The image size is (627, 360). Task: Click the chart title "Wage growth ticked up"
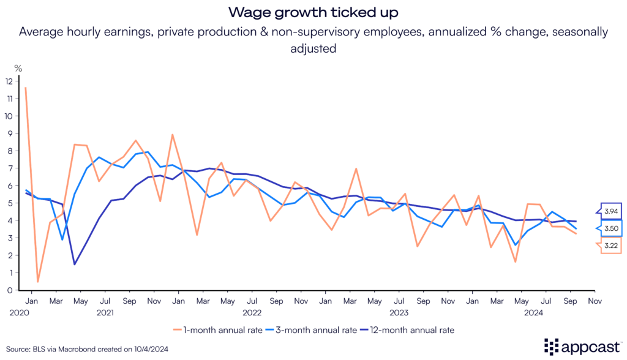313,12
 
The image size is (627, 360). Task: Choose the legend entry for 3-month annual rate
310,329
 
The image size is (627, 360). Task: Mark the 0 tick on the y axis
10,290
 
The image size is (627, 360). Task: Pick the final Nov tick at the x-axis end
593,301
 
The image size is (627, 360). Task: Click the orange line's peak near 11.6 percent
26,88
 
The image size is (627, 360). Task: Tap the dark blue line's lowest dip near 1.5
74,264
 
